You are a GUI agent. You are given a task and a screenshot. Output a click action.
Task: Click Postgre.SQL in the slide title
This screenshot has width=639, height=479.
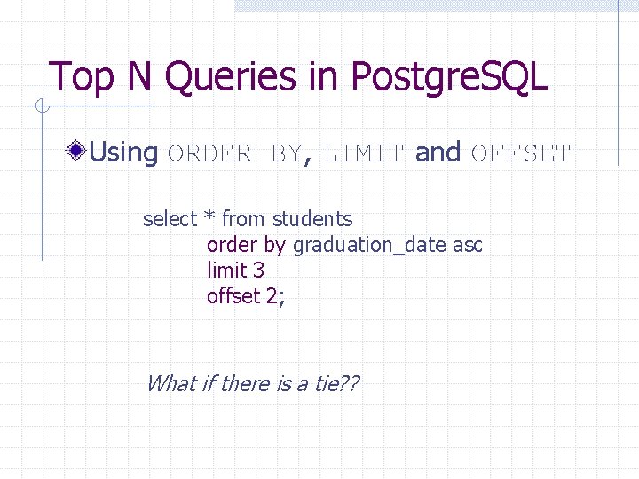tap(451, 78)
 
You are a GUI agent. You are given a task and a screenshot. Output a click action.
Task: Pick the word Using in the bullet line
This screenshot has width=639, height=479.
tap(124, 153)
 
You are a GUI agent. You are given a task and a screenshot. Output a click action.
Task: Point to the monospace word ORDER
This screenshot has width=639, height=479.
tap(209, 153)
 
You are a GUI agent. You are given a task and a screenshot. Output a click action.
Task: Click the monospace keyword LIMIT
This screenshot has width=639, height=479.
tap(364, 153)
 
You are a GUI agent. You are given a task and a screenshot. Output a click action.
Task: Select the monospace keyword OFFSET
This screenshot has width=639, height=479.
tap(521, 153)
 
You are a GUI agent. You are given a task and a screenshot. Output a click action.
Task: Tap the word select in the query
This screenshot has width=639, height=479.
tap(170, 219)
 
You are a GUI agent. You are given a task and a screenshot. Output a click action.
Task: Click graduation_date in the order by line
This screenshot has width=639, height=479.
tap(369, 246)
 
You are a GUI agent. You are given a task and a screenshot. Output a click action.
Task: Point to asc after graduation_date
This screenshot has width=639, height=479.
tap(468, 246)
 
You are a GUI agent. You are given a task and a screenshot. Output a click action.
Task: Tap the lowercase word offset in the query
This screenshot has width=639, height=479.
tap(233, 296)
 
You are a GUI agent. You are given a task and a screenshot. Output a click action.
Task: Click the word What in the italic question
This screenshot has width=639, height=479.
tap(168, 383)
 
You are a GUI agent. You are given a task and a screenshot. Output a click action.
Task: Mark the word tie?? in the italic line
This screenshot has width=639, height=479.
tap(337, 383)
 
